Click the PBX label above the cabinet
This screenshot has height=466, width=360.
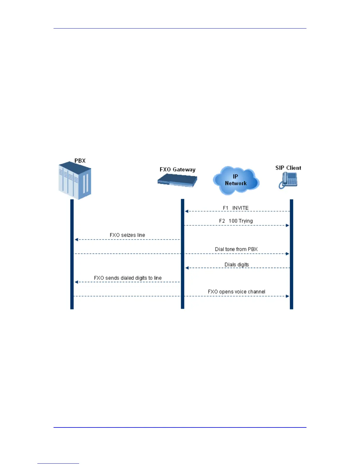point(80,161)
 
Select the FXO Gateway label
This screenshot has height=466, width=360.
point(177,169)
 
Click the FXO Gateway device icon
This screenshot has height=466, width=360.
point(177,180)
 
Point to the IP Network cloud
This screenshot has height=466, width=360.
point(236,180)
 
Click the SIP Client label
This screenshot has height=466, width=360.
point(288,168)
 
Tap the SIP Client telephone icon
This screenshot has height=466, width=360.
point(288,180)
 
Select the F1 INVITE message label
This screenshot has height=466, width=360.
point(236,208)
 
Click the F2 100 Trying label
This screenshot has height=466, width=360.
point(236,221)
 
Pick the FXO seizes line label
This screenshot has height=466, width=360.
point(127,235)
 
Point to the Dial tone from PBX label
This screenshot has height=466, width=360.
point(236,249)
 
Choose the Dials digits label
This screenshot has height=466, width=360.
point(237,264)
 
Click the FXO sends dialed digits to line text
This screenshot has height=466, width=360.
point(128,278)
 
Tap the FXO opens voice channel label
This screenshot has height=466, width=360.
point(236,292)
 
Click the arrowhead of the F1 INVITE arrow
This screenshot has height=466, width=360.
point(186,211)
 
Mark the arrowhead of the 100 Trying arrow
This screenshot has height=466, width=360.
point(287,225)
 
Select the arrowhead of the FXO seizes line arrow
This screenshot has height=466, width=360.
point(76,239)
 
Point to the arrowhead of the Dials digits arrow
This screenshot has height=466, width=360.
point(187,268)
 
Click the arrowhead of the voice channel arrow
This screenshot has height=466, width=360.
point(287,296)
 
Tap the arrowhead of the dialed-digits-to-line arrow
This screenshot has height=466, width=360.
point(76,282)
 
